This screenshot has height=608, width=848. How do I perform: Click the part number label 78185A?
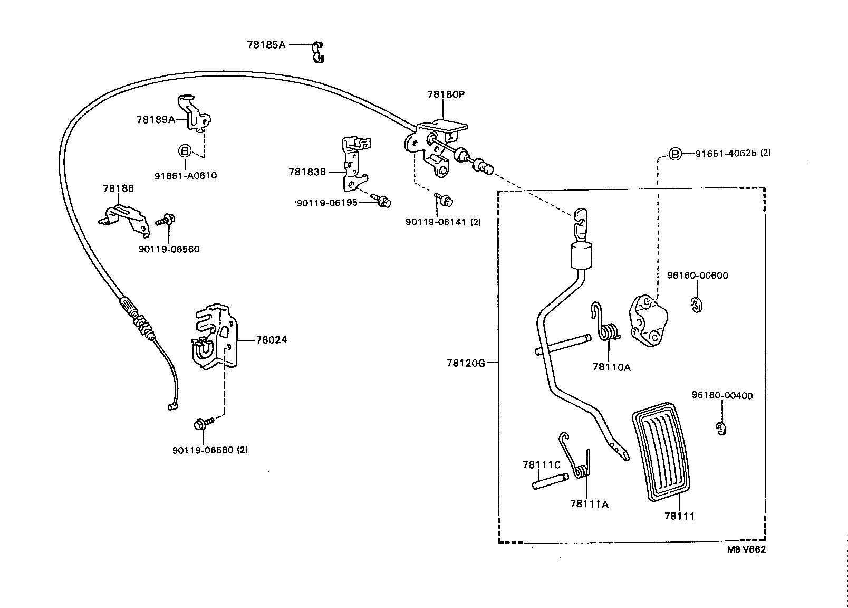(x=266, y=45)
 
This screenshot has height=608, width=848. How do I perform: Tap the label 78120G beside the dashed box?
(x=465, y=363)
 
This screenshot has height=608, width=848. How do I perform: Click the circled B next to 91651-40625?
(x=675, y=154)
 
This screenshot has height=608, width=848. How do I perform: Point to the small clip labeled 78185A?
(x=318, y=51)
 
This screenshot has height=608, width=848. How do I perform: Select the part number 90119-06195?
(x=327, y=203)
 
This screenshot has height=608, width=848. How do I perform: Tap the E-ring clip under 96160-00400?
(x=721, y=429)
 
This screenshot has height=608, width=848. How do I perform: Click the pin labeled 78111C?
(x=550, y=481)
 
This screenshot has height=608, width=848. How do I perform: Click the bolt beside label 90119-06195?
(x=381, y=199)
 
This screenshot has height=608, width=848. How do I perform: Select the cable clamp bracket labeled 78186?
(x=123, y=217)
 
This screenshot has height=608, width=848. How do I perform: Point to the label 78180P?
(x=446, y=94)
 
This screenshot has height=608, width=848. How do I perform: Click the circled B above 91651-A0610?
(x=185, y=151)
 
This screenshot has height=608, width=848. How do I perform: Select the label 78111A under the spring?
(x=589, y=504)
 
